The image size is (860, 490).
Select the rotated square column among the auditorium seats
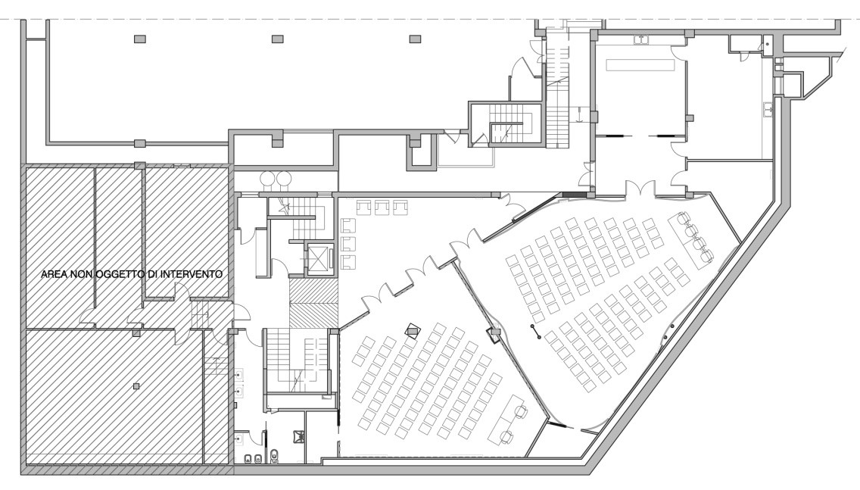411,329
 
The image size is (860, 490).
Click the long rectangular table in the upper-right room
640,64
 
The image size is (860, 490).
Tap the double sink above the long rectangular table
642,39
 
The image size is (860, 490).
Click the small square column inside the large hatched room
136,386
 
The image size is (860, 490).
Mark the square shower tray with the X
300,436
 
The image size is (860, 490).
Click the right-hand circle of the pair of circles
284,178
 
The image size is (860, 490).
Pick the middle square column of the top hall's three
278,39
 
